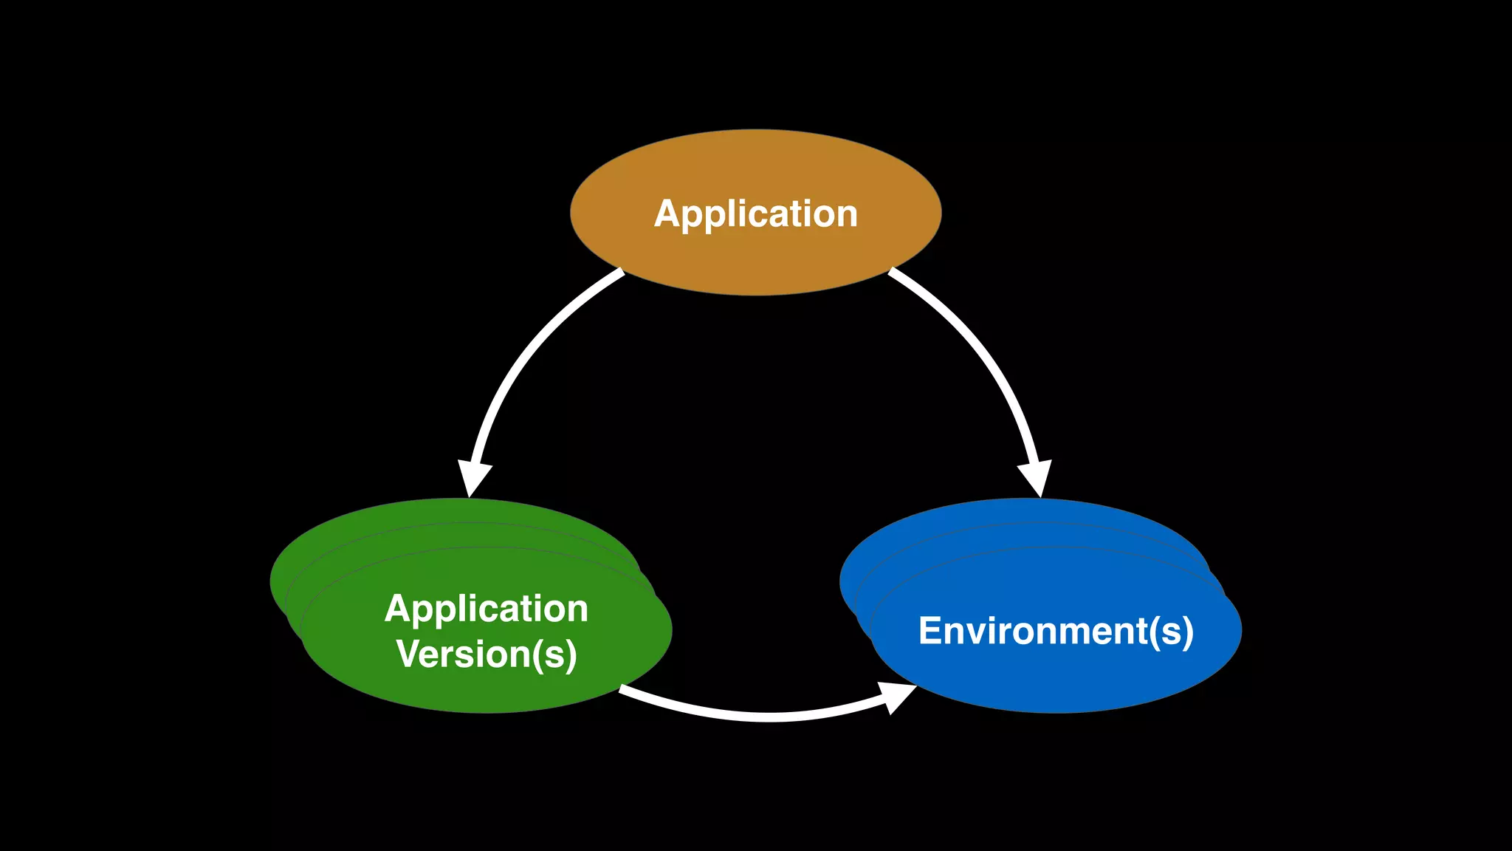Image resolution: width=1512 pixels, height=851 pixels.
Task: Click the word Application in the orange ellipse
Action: pos(756,214)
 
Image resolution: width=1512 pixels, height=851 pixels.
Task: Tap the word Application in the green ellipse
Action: pos(486,609)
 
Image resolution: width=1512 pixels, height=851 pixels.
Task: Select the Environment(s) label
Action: pos(1056,632)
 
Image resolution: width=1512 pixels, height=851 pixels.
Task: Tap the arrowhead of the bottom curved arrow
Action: pos(897,696)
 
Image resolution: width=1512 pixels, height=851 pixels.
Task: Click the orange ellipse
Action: pos(756,259)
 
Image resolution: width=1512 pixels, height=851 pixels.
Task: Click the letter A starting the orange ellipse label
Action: pos(668,214)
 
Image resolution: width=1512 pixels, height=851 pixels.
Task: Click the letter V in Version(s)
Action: pos(410,655)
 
